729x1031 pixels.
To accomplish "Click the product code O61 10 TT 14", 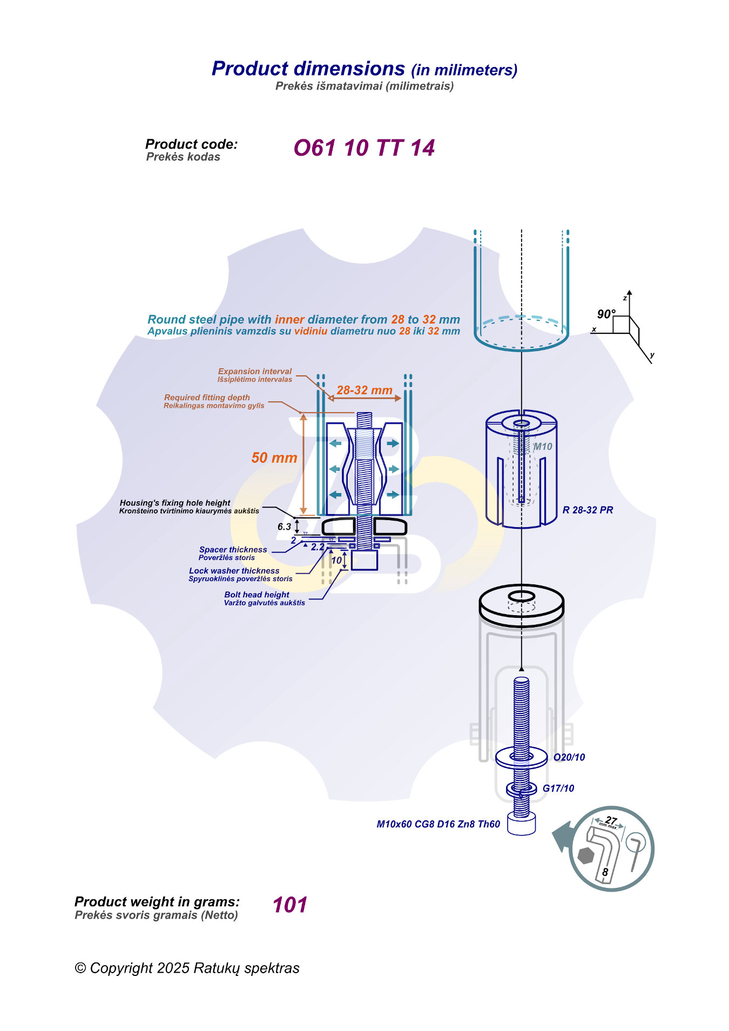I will pos(364,148).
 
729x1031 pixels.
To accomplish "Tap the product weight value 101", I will pos(290,905).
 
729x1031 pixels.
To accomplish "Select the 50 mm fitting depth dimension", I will pos(274,458).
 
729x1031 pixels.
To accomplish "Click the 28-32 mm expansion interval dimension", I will pos(364,390).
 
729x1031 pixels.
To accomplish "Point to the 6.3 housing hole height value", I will pos(284,527).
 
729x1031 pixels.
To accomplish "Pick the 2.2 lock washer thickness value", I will pos(318,547).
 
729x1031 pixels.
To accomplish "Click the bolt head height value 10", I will pos(337,560).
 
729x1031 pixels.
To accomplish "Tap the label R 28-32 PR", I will pos(588,510).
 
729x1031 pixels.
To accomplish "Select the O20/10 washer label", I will pos(569,757).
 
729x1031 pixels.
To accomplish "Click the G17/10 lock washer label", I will pos(558,789).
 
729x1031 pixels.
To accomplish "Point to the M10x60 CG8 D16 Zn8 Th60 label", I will pos(438,824).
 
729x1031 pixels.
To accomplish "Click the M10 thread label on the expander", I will pos(543,447).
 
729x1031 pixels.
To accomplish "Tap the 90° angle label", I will pos(606,314).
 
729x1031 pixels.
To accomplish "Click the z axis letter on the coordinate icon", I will pos(625,298).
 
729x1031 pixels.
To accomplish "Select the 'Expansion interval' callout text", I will pos(254,372).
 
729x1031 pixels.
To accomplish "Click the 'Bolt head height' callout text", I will pos(256,595).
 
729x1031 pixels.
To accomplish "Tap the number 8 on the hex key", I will pos(605,872).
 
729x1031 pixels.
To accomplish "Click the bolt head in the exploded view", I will pos(522,825).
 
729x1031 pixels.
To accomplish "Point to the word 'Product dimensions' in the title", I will pos(308,69).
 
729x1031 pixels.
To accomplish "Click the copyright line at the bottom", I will pos(187,968).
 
